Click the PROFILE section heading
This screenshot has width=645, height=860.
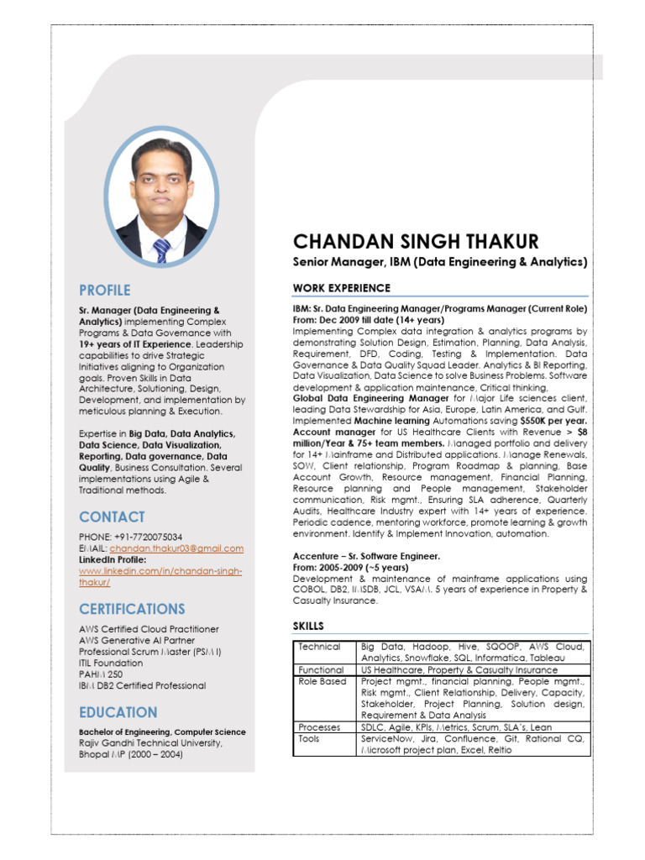[105, 291]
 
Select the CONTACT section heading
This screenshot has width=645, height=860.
[112, 517]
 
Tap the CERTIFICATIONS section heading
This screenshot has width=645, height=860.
[132, 608]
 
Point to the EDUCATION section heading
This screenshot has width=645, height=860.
[118, 712]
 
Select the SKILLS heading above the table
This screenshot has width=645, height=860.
[307, 627]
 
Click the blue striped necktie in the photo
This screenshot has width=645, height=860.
[161, 249]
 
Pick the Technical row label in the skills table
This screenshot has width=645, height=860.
[319, 647]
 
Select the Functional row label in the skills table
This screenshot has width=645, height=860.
[321, 670]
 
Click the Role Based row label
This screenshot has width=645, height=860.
[322, 682]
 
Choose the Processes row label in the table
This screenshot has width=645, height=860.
[320, 727]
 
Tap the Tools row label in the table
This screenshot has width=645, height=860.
[309, 738]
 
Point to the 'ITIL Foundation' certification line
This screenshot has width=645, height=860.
[111, 663]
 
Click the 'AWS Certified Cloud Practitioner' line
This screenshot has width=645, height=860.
[149, 629]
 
